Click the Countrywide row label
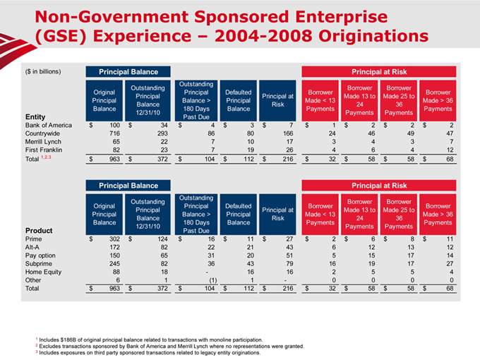tap(42, 133)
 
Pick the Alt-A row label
tap(33, 247)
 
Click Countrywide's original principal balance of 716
tap(108, 133)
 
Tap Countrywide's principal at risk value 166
tap(287, 133)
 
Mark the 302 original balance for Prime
tap(108, 238)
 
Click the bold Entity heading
tap(35, 117)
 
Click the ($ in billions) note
tap(42, 71)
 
